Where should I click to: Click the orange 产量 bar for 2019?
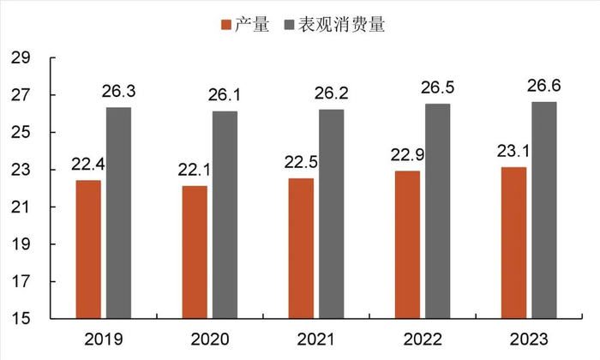click(88, 249)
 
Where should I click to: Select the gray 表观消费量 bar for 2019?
click(118, 213)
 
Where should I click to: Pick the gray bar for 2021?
click(331, 214)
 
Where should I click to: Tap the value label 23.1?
click(513, 151)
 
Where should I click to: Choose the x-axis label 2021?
click(316, 339)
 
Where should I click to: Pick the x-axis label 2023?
click(529, 339)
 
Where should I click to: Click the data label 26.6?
click(543, 86)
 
